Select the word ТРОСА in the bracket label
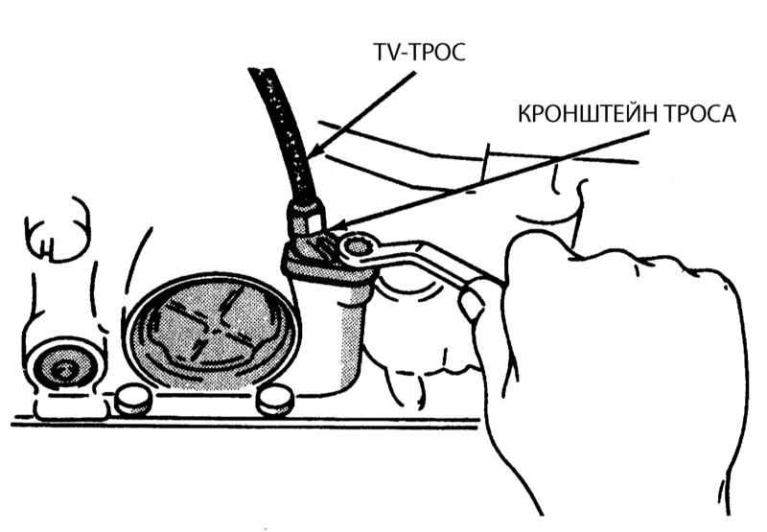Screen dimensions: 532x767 [702, 114]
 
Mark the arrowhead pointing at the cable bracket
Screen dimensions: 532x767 [332, 222]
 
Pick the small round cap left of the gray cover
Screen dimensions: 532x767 [130, 397]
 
